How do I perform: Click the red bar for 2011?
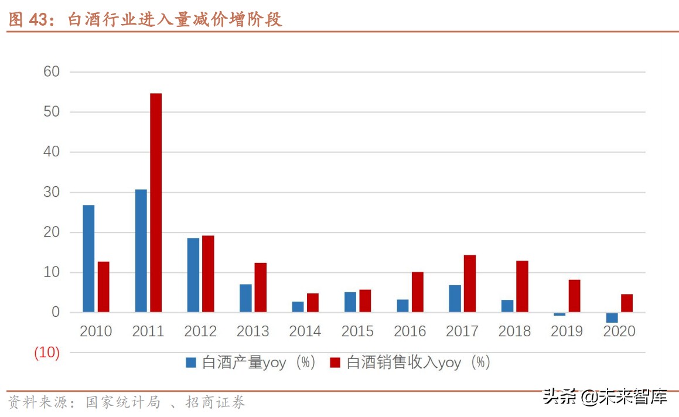(156, 203)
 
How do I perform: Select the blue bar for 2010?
(88, 258)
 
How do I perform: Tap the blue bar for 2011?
(141, 251)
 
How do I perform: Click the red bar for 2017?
(470, 283)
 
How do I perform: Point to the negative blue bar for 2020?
(612, 317)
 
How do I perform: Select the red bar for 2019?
(574, 296)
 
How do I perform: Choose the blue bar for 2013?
(245, 298)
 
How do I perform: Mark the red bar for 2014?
(313, 303)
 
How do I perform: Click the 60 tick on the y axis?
(52, 71)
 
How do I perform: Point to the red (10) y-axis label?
(47, 353)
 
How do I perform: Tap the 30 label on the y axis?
(52, 193)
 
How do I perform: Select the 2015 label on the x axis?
(357, 331)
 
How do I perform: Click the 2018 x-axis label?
(514, 331)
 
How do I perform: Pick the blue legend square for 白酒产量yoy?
(192, 363)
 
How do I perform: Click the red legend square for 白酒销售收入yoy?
(336, 363)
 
